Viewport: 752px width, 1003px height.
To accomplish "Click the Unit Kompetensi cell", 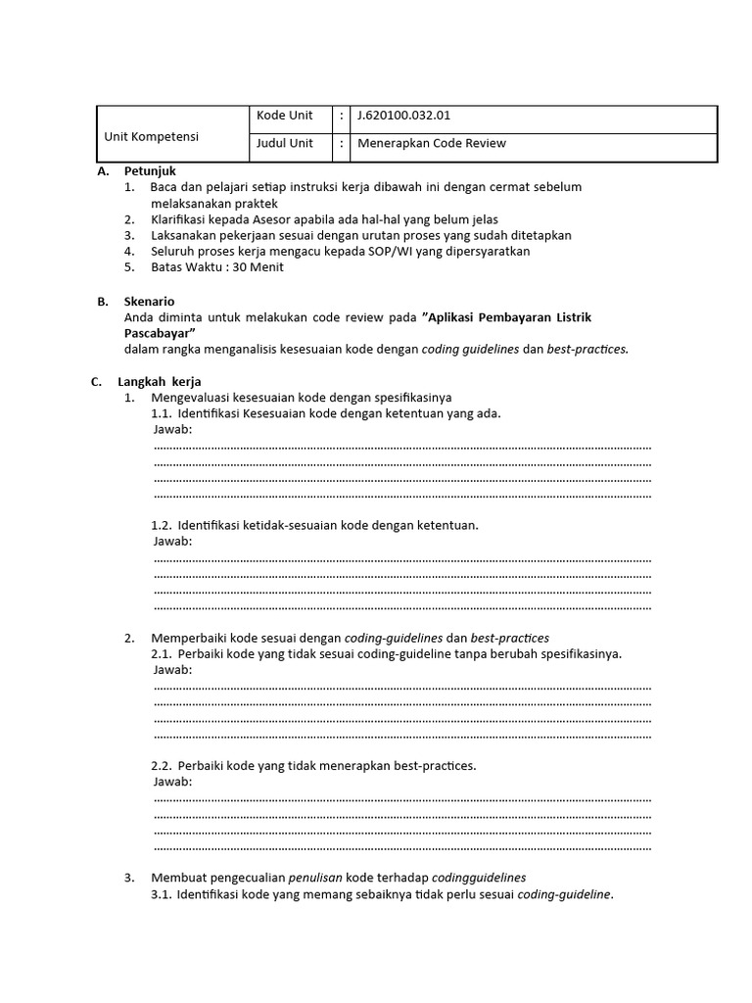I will [152, 136].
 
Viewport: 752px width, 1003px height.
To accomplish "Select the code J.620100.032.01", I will [404, 116].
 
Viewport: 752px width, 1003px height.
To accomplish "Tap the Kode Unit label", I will [285, 116].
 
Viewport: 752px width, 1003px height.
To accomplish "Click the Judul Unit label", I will [285, 143].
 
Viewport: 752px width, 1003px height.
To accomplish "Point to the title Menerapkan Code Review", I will [432, 143].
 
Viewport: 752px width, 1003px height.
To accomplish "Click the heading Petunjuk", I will [150, 170].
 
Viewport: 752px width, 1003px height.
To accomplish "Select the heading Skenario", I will [149, 302].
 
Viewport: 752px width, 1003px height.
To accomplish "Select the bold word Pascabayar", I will [162, 333].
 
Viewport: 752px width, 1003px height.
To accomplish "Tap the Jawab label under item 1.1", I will [173, 429].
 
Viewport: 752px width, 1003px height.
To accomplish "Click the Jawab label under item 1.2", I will [173, 541].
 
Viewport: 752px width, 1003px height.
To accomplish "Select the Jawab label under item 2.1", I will [173, 669].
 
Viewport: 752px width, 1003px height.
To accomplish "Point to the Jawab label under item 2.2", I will [173, 782].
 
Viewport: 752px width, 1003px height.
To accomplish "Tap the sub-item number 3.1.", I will [162, 894].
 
